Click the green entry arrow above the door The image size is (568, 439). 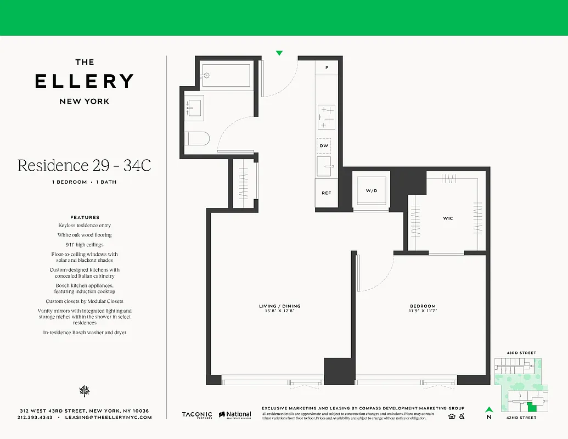pyautogui.click(x=279, y=53)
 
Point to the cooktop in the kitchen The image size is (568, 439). pyautogui.click(x=327, y=117)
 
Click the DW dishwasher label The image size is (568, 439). pyautogui.click(x=324, y=146)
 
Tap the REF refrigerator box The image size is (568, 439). pyautogui.click(x=326, y=193)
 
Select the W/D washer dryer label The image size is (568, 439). pyautogui.click(x=372, y=191)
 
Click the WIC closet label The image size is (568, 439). pyautogui.click(x=448, y=218)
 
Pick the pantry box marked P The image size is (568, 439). pyautogui.click(x=327, y=67)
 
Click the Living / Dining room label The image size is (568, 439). pyautogui.click(x=280, y=306)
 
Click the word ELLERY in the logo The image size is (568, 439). pyautogui.click(x=85, y=81)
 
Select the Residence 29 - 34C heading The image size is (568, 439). pyautogui.click(x=84, y=165)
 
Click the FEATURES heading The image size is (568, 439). pyautogui.click(x=85, y=217)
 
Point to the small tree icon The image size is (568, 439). pyautogui.click(x=84, y=391)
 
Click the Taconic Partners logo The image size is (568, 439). pyautogui.click(x=197, y=415)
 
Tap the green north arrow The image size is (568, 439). pyautogui.click(x=488, y=409)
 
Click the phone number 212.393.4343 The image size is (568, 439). pyautogui.click(x=35, y=418)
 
